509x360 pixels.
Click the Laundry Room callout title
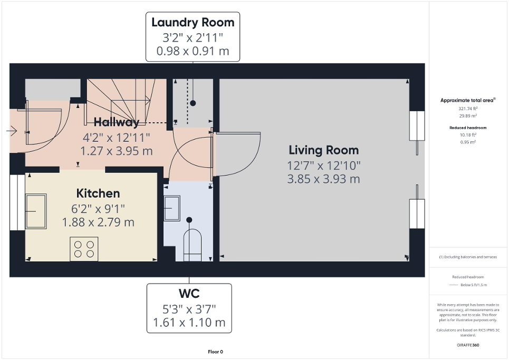tap(193, 23)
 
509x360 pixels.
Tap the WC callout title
tap(189, 293)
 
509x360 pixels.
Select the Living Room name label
tap(323, 150)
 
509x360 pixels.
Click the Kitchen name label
tap(98, 193)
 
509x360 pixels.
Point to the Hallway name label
tap(116, 122)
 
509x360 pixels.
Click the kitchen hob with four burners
tap(84, 249)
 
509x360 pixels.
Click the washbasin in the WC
tap(172, 209)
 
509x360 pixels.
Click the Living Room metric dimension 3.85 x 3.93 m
tap(323, 179)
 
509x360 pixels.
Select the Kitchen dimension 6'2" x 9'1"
tap(98, 208)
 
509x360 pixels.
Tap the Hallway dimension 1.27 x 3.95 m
tap(116, 151)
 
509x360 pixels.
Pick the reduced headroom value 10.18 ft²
tap(467, 134)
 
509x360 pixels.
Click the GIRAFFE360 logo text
tap(468, 345)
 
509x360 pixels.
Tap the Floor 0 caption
tap(215, 352)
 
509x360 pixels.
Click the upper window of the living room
tap(417, 125)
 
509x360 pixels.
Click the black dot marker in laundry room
tap(193, 103)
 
